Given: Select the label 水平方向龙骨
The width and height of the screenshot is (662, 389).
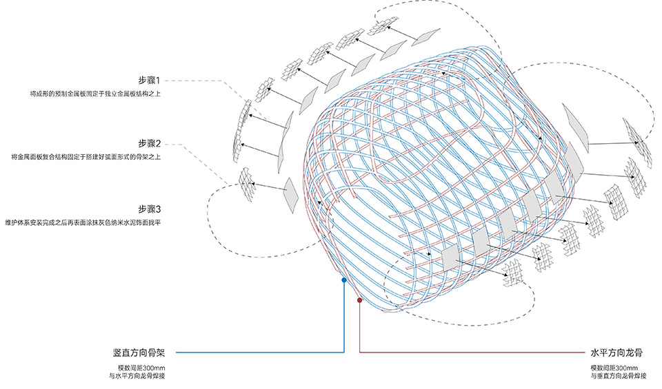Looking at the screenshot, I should coord(616,352).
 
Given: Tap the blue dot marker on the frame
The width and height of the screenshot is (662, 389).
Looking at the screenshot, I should coord(343,280).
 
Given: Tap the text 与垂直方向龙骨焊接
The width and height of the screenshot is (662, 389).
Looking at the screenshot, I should coord(616,377).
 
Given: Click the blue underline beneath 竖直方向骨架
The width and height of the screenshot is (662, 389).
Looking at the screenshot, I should coord(262,353).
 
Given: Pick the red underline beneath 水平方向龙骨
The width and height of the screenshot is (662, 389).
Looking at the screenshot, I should coord(469,353).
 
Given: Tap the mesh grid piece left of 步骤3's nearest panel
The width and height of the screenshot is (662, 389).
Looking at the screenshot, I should coord(246,181).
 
